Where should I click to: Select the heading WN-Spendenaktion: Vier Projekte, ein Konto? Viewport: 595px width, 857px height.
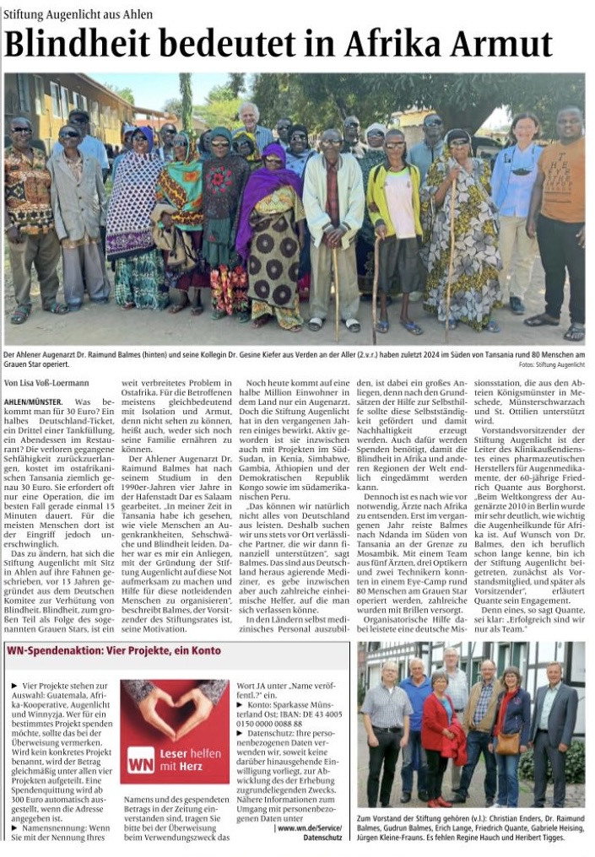tap(114, 651)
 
